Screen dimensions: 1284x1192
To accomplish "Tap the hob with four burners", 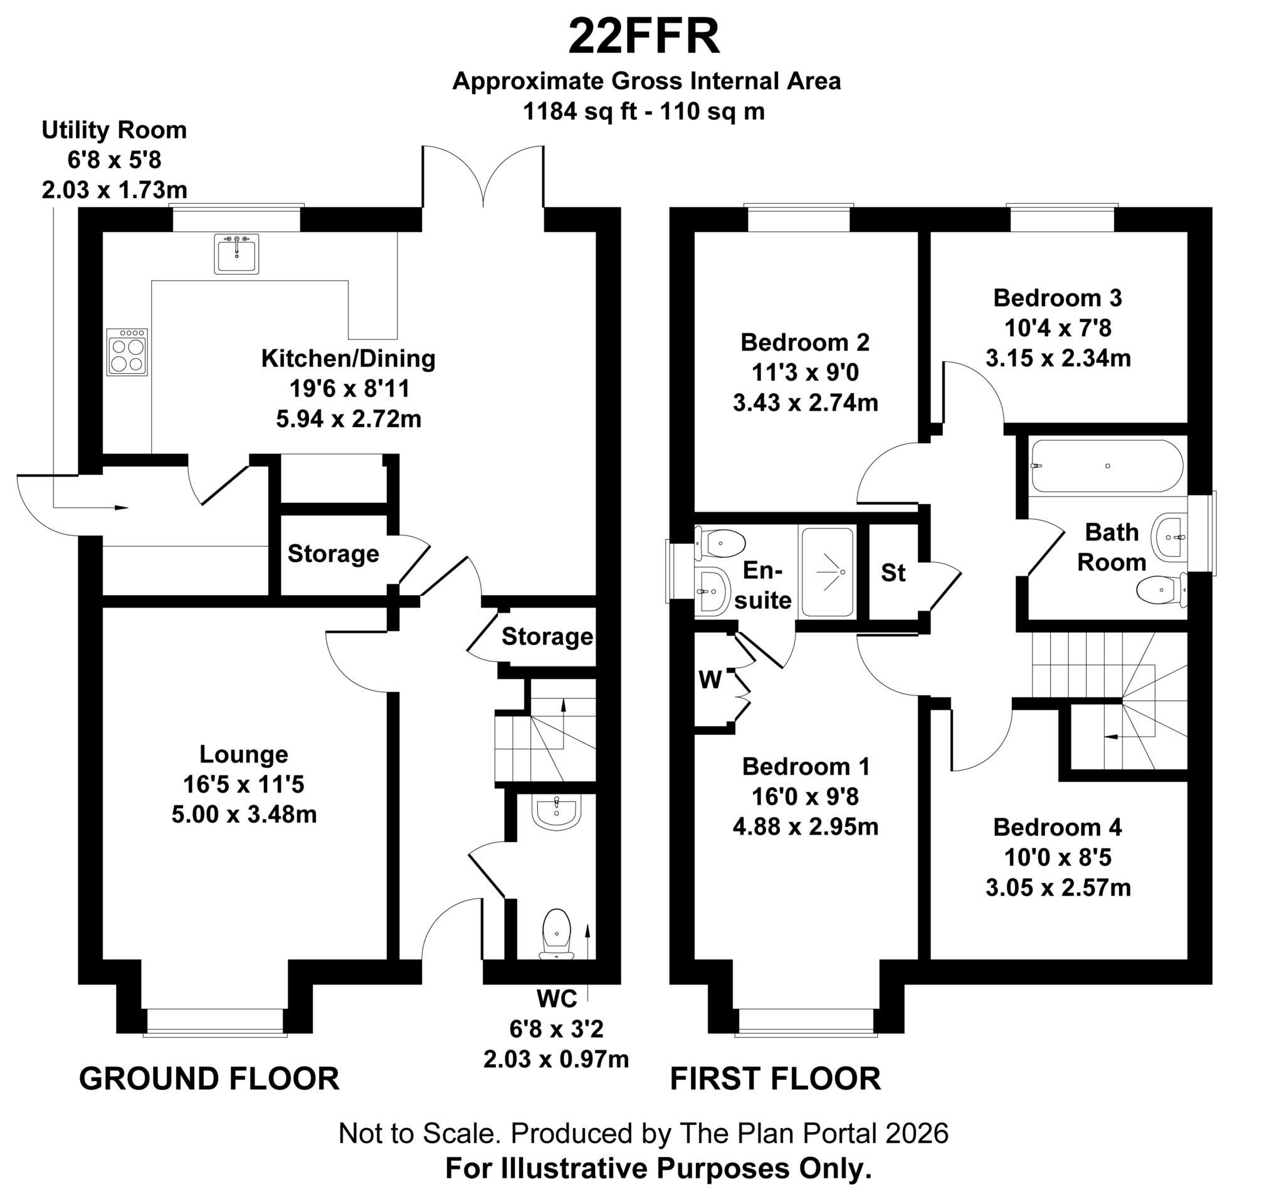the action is click(127, 352).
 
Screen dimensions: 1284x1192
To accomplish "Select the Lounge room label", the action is click(244, 754).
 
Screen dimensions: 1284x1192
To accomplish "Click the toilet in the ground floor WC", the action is click(557, 934).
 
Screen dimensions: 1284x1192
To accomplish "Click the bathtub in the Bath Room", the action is click(1107, 466).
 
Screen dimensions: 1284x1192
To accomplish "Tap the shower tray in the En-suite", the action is click(828, 571).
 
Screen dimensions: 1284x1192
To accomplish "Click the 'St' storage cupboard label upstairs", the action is click(893, 572).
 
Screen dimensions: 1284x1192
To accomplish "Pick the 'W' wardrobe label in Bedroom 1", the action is click(710, 680).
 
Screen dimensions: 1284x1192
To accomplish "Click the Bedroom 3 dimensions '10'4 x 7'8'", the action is click(1058, 329).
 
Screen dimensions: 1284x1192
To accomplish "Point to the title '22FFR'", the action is click(644, 37).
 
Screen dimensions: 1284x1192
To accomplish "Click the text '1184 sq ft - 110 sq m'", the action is click(644, 112).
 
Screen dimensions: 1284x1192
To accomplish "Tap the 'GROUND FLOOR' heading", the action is click(209, 1079).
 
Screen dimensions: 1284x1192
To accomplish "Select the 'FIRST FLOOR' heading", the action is click(775, 1079).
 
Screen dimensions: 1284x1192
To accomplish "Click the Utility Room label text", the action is click(114, 130).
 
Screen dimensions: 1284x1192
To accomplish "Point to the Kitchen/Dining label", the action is click(348, 359).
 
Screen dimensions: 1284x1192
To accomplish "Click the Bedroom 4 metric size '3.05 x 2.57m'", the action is click(1058, 888).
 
